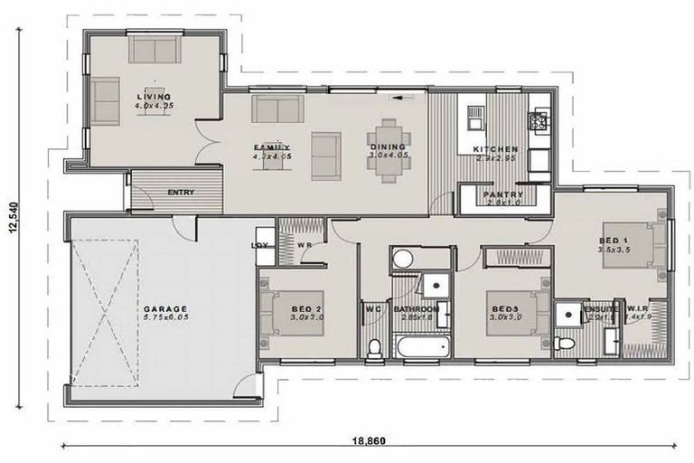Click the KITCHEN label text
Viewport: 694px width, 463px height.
[496, 149]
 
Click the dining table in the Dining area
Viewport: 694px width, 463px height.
[388, 149]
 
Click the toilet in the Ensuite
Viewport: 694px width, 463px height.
[564, 344]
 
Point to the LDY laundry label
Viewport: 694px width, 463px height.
[258, 245]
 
